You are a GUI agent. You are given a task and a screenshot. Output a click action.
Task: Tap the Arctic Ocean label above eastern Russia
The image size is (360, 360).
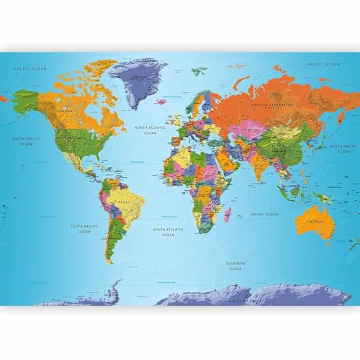point(323,65)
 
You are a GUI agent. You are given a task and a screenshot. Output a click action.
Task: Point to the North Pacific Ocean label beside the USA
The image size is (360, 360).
point(26,140)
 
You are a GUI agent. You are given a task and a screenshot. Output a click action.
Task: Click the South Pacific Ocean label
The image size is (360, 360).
point(84,228)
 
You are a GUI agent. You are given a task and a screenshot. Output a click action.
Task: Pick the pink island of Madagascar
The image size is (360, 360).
point(228,213)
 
